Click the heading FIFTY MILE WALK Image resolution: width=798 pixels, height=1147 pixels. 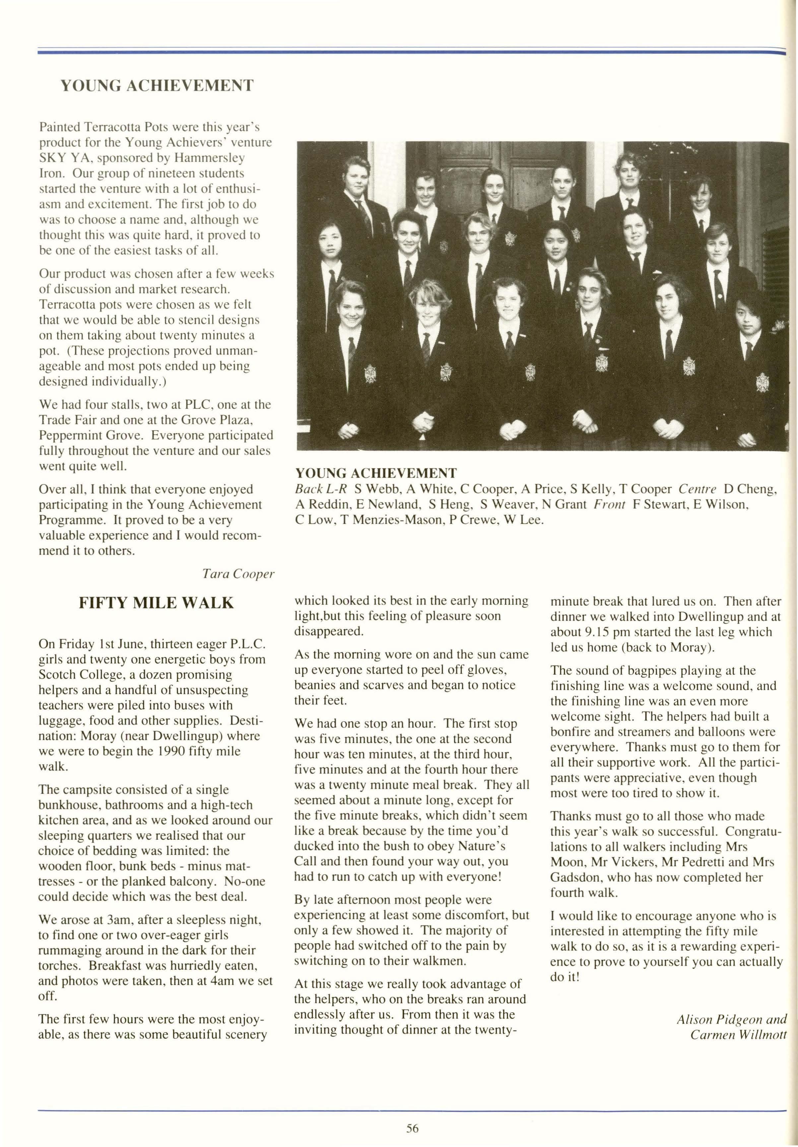click(156, 603)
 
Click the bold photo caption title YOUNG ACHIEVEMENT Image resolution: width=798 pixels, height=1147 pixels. click(376, 473)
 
